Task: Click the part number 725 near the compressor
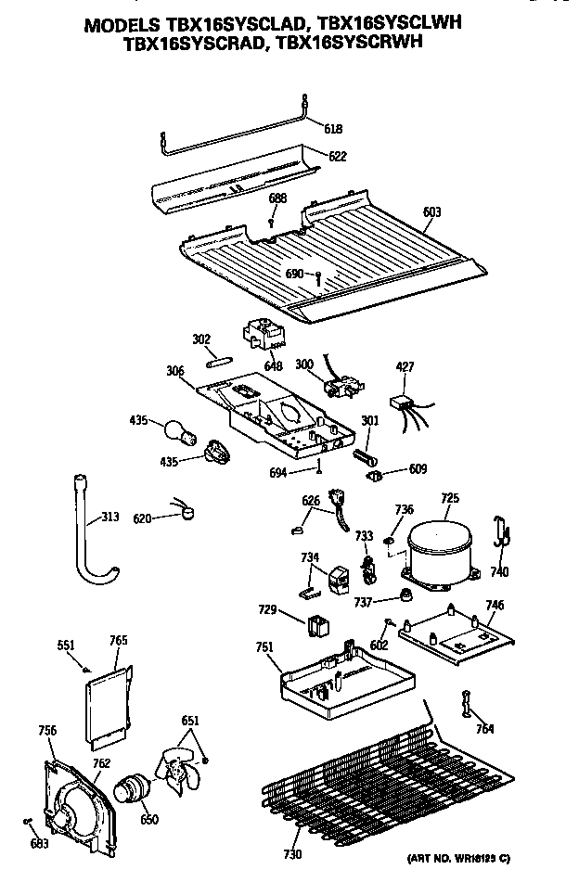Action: [x=449, y=499]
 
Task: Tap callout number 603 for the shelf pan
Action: [x=431, y=212]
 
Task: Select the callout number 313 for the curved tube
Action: [x=109, y=518]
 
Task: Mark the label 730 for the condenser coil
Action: [x=292, y=854]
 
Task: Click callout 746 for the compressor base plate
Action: [x=495, y=605]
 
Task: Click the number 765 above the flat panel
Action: [x=119, y=641]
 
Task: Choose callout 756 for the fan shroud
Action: [x=47, y=730]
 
